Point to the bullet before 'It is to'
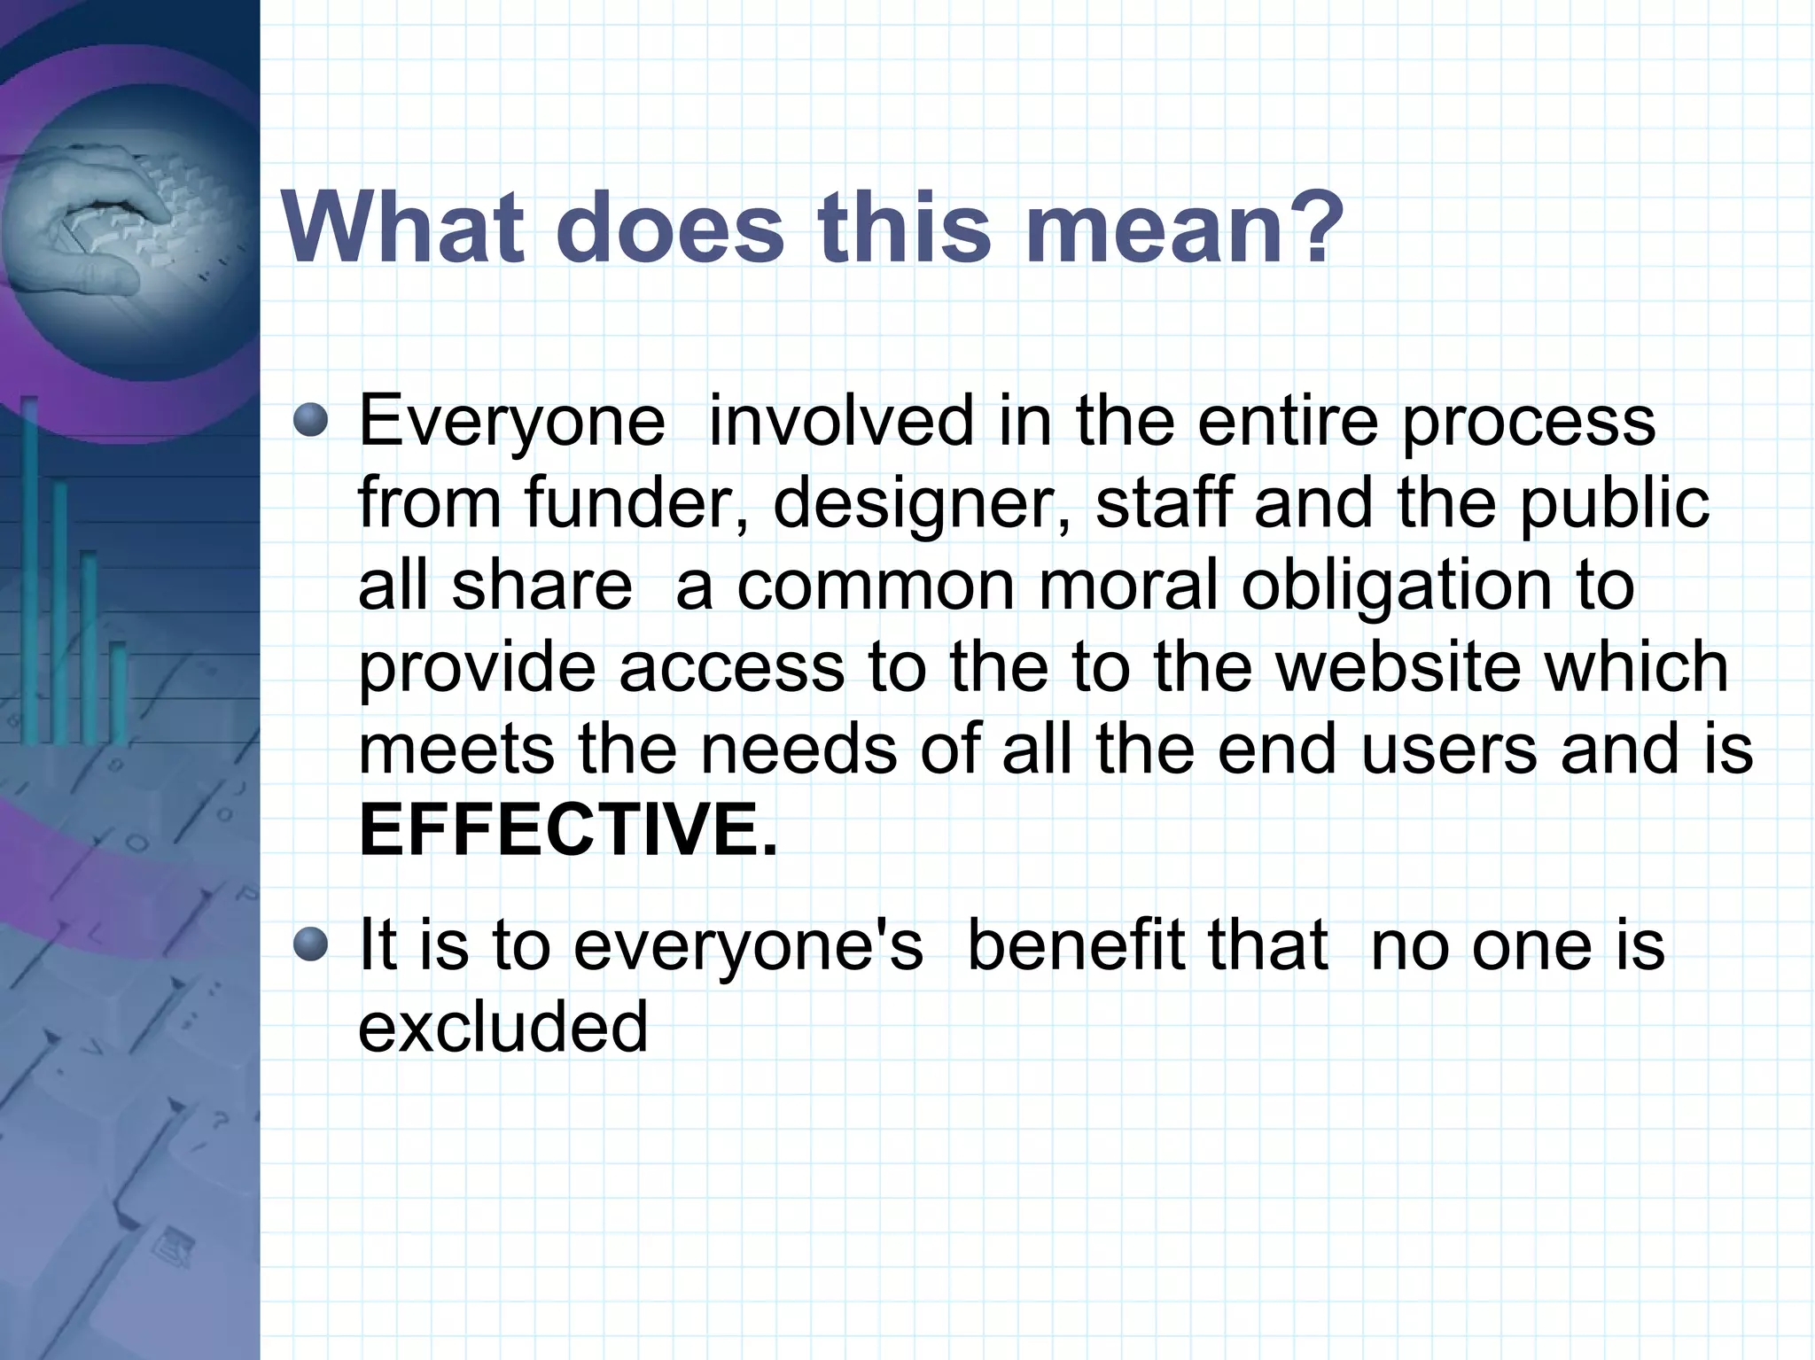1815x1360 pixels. [310, 944]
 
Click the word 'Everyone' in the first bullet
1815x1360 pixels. [511, 423]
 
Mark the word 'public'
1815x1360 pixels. [1614, 502]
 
